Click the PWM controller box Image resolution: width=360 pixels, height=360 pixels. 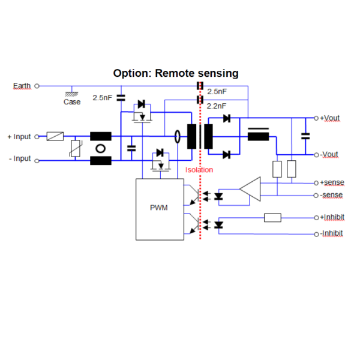point(159,209)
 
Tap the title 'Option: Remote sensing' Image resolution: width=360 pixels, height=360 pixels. point(176,73)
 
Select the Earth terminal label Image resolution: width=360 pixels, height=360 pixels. point(22,86)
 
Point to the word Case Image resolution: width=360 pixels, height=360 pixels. point(72,102)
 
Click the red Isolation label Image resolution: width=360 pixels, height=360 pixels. point(199,170)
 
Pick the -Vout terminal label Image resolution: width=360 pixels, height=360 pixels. point(329,154)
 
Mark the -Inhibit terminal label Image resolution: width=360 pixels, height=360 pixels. point(332,233)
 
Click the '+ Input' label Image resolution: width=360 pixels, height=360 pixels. point(19,137)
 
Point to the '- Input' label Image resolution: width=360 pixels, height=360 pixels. point(19,159)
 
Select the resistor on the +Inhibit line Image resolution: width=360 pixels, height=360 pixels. point(272,217)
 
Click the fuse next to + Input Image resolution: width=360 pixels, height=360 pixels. point(55,137)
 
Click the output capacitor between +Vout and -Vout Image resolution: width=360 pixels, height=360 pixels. point(305,136)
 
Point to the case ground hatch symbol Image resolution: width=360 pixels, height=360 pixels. point(72,93)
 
